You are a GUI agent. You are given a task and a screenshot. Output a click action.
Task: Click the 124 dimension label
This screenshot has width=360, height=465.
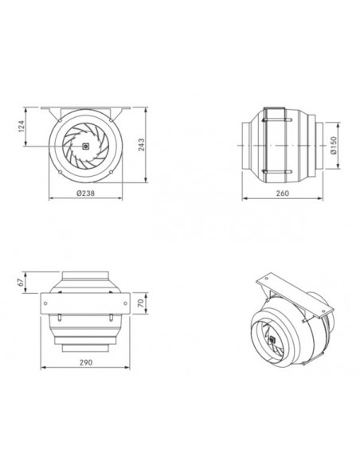[x=22, y=126]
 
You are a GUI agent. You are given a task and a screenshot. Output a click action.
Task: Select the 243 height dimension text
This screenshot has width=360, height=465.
[x=142, y=145]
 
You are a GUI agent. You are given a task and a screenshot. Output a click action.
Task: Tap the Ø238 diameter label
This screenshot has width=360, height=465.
[x=86, y=193]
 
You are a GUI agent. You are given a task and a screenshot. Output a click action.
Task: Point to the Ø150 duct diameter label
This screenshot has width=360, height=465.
[x=334, y=145]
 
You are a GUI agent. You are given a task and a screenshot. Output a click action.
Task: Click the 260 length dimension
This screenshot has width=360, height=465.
[x=282, y=193]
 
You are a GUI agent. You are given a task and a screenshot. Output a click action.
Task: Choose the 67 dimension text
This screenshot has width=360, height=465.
[x=21, y=283]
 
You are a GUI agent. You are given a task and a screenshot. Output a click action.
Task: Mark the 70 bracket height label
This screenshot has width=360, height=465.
[x=141, y=303]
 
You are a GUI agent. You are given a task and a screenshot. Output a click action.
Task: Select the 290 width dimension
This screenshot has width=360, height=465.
[x=86, y=362]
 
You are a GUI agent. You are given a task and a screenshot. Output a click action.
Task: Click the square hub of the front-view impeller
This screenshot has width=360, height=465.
[x=85, y=146]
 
